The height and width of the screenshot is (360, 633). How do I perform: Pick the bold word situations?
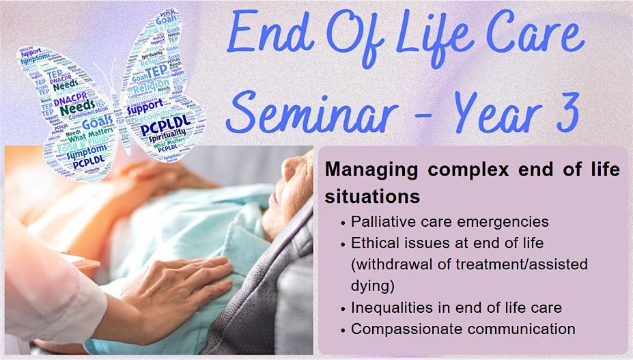(x=372, y=196)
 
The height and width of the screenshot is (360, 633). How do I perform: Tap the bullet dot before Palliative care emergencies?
(x=341, y=222)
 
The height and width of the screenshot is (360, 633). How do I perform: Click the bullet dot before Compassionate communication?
(x=341, y=329)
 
